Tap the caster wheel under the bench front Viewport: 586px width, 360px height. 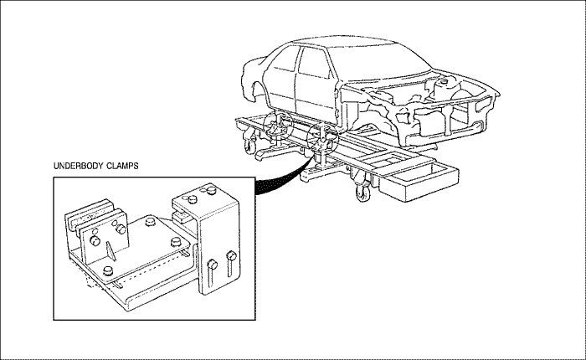[x=362, y=193]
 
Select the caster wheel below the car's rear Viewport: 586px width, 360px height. [x=249, y=147]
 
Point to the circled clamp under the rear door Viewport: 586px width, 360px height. [x=276, y=129]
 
